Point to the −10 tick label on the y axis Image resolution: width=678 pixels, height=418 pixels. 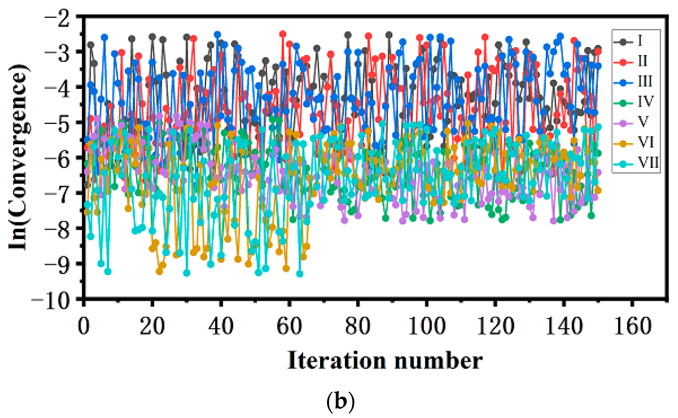[51, 301]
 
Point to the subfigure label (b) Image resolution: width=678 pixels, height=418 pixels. [340, 402]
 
